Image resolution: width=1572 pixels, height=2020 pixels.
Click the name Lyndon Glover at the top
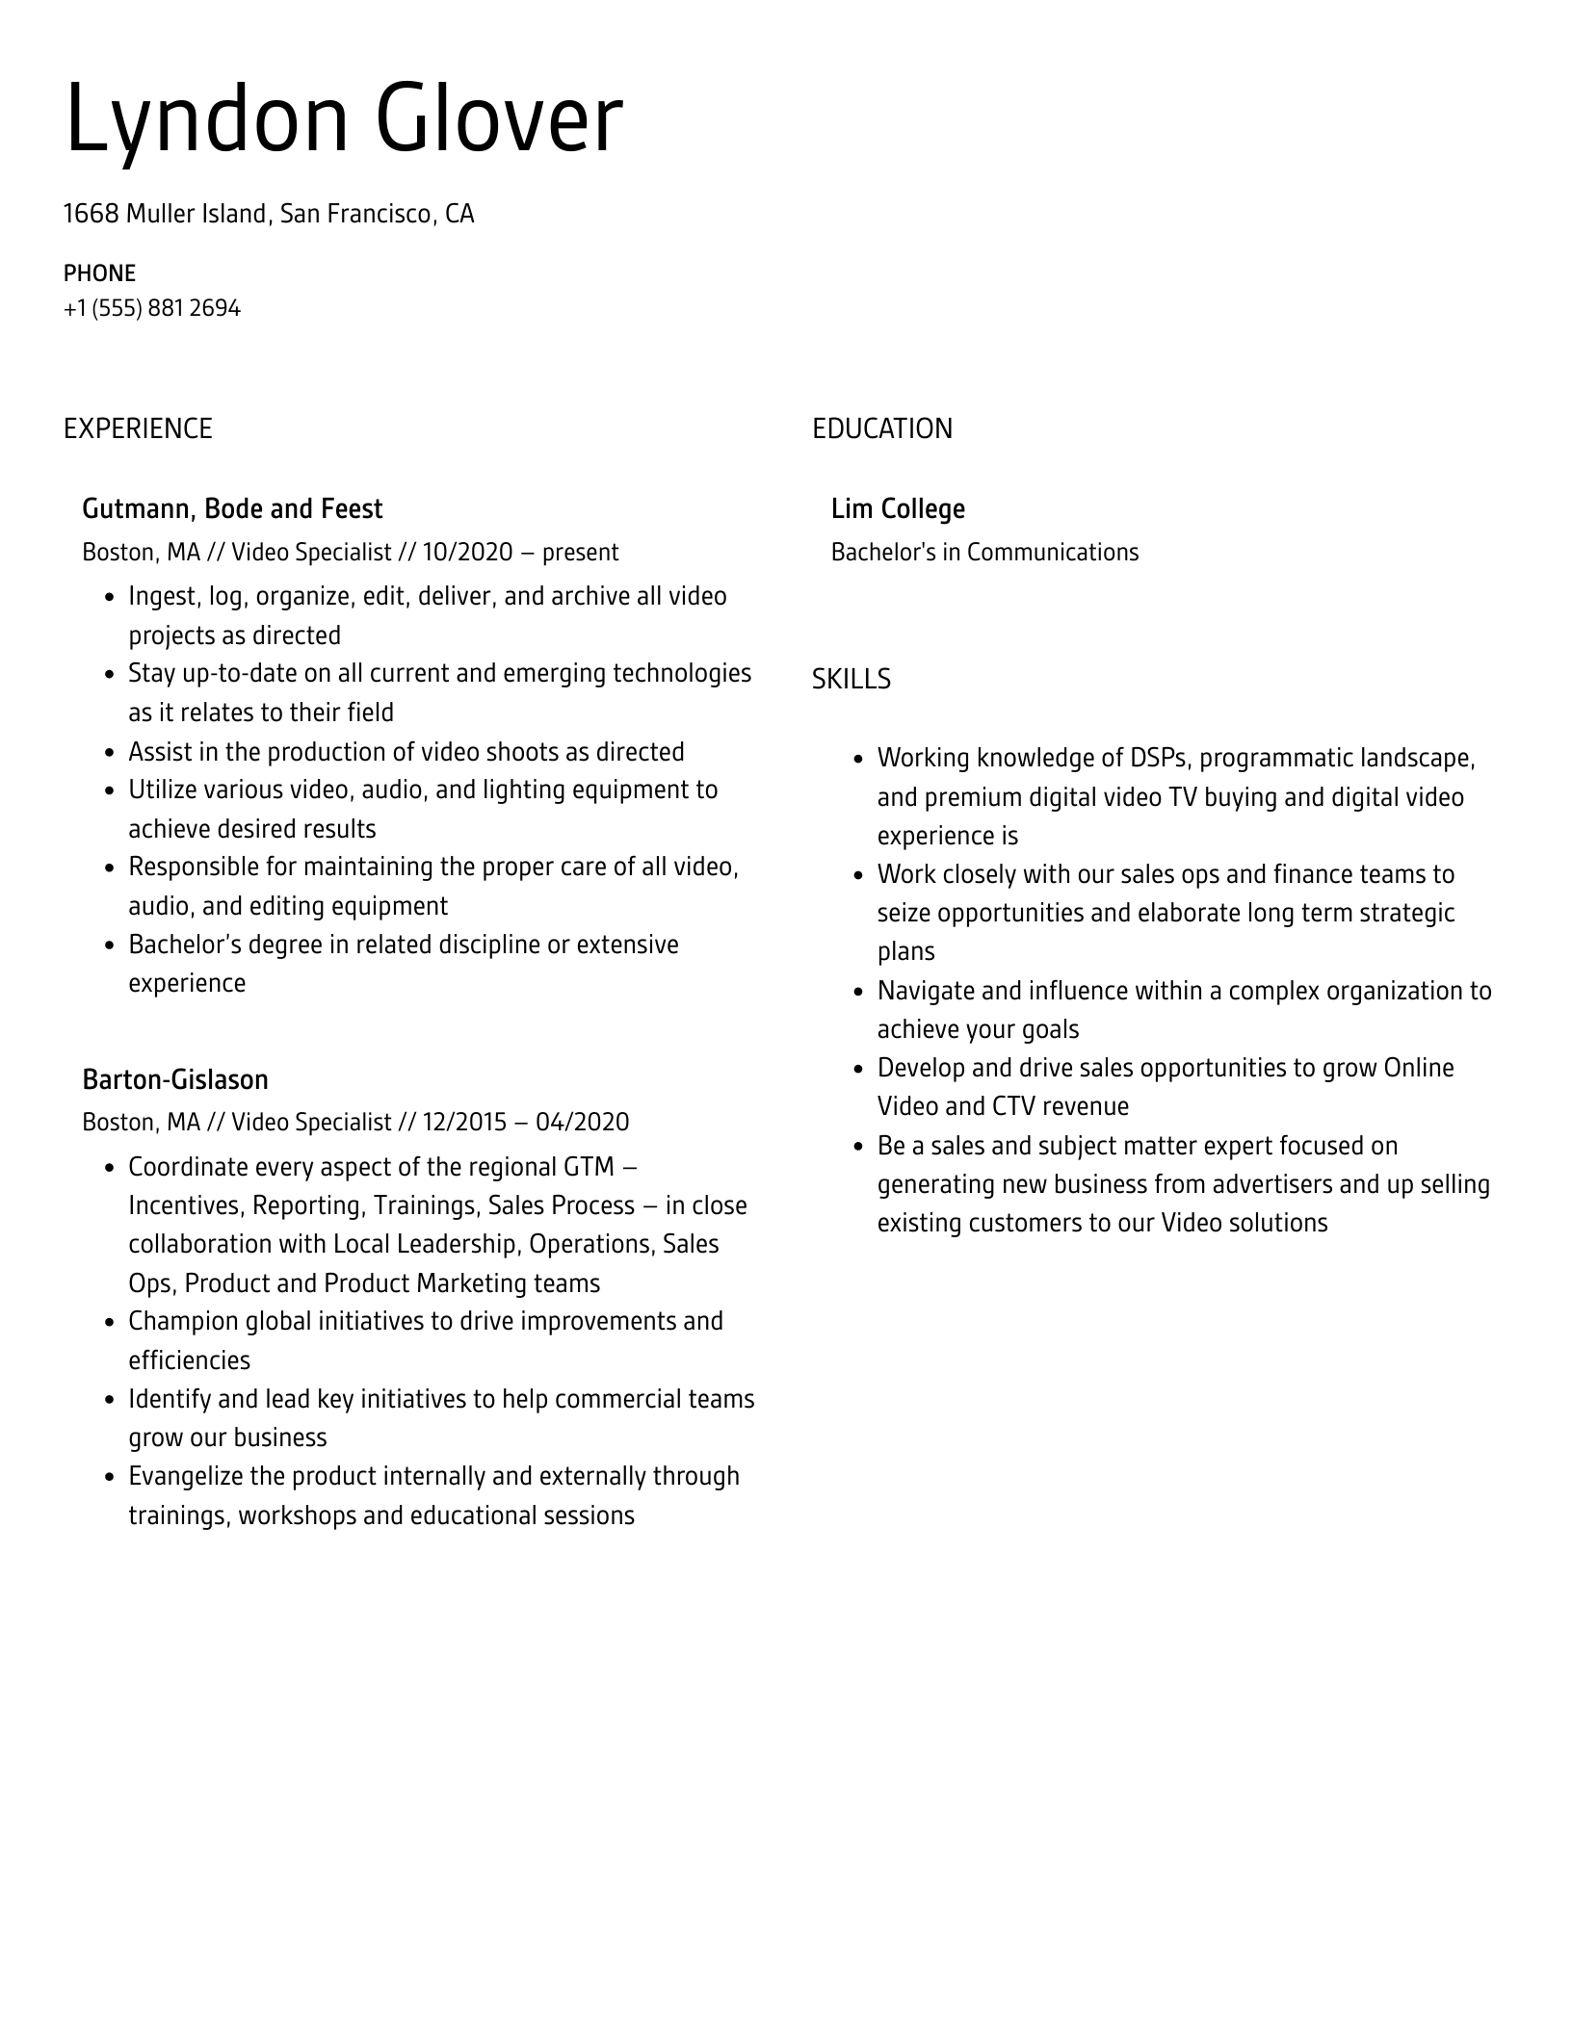[343, 120]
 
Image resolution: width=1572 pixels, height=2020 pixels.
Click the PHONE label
[99, 273]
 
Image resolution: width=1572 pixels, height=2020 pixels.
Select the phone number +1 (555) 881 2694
[152, 309]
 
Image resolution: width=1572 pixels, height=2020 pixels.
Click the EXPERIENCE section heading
[138, 428]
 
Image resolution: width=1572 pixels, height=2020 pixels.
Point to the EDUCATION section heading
[881, 428]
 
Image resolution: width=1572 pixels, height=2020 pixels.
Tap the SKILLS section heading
[851, 680]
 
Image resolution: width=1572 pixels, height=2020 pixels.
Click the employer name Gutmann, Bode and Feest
[232, 509]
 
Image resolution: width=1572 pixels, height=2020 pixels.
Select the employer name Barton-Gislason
[175, 1079]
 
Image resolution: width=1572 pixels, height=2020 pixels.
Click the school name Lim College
[898, 509]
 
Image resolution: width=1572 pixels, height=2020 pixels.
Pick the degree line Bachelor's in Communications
[984, 553]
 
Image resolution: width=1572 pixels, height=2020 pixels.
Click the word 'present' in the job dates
[580, 553]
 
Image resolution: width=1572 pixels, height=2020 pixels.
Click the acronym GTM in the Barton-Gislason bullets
[588, 1167]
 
